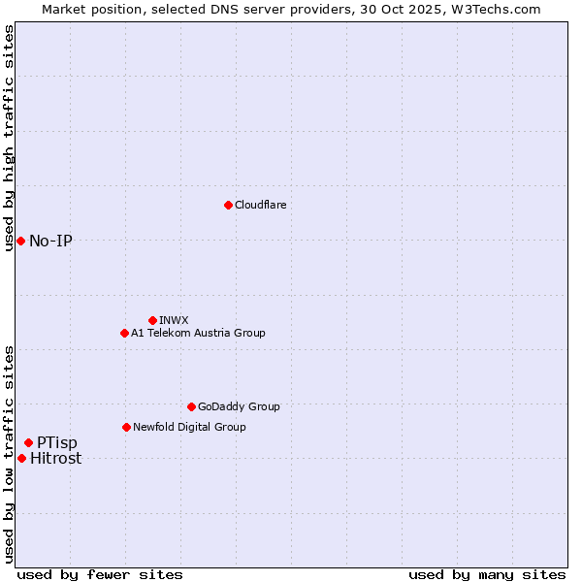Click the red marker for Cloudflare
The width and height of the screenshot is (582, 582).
click(228, 205)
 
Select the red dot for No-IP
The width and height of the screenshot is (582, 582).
click(20, 241)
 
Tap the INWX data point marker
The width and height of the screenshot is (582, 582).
click(152, 320)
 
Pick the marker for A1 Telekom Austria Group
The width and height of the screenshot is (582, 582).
click(124, 333)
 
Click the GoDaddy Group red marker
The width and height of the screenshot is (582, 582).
click(191, 406)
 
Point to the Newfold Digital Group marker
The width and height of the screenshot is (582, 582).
click(126, 427)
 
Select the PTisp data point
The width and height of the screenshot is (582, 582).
click(28, 442)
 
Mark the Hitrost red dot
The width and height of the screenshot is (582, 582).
click(21, 458)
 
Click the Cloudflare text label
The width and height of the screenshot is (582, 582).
click(260, 205)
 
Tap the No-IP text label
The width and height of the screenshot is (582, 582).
click(50, 241)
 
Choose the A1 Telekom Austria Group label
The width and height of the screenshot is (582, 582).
click(198, 333)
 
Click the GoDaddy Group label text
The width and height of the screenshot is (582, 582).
click(239, 406)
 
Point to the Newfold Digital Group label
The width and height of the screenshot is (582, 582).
click(189, 427)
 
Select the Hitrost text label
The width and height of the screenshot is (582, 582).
click(56, 459)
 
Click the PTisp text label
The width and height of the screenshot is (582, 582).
click(57, 442)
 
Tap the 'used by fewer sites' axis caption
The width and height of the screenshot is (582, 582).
click(100, 574)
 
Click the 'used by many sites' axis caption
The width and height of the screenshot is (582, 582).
click(487, 574)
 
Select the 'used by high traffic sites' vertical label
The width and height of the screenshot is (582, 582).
click(9, 138)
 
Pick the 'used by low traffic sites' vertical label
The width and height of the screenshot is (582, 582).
click(9, 454)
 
